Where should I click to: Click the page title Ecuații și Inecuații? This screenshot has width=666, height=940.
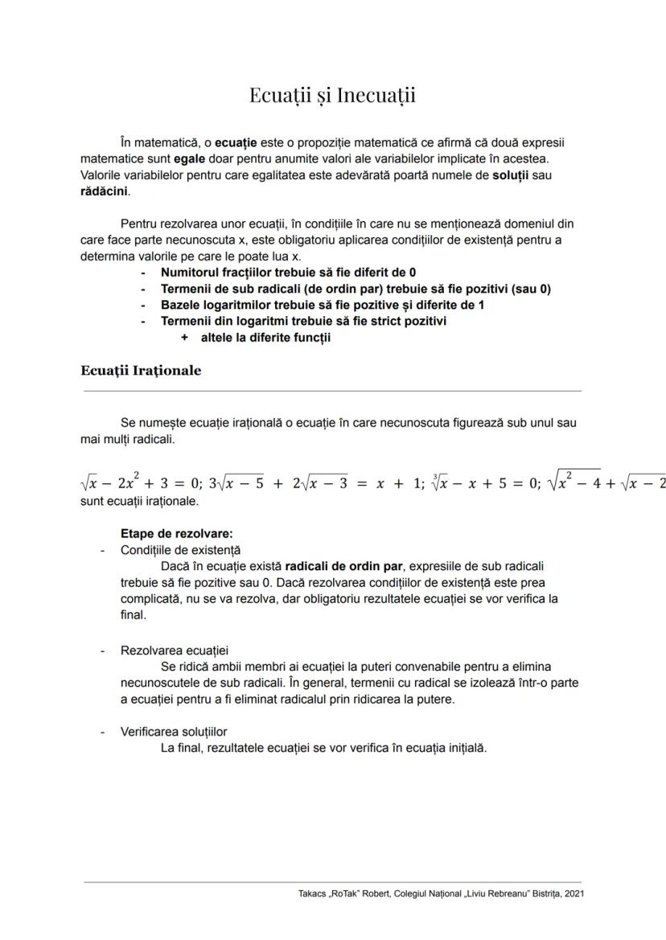click(332, 95)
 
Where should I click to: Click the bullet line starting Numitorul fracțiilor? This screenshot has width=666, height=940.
click(288, 273)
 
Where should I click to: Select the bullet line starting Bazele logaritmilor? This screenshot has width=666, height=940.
click(322, 305)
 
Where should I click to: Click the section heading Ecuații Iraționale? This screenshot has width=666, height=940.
click(141, 371)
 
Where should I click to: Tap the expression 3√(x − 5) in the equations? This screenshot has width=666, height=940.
click(236, 482)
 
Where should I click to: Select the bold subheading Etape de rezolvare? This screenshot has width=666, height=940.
click(176, 534)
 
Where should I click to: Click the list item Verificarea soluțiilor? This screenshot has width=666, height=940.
click(174, 732)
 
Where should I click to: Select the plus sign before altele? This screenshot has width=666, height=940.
click(184, 338)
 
